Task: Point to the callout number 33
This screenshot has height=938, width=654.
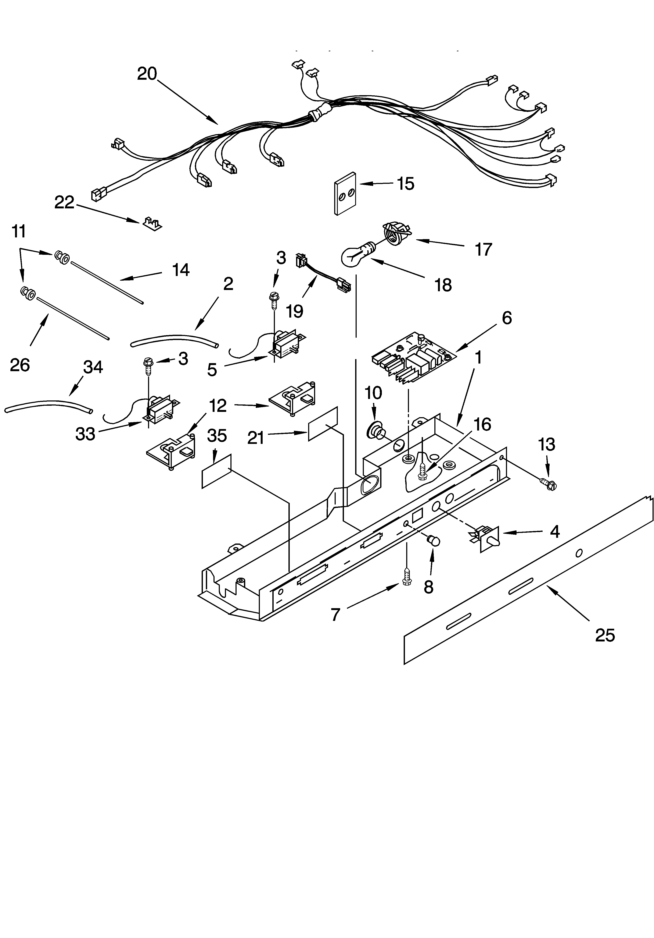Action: click(x=85, y=434)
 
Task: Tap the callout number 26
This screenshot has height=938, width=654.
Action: click(x=20, y=365)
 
